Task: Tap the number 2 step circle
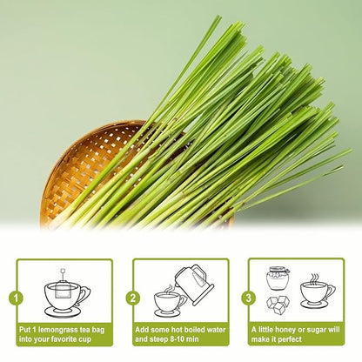coord(131,297)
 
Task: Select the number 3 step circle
coord(249,297)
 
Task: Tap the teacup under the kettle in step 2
coord(167,301)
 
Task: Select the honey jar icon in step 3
coord(279,278)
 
